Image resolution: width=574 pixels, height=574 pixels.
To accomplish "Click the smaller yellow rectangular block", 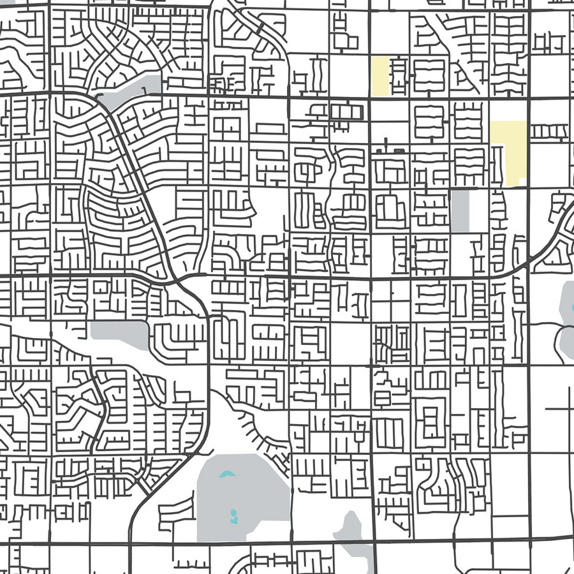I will coord(380,77).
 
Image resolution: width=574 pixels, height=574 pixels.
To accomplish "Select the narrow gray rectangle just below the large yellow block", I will coord(459,210).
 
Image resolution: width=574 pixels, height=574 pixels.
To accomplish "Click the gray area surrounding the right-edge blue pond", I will coord(566,300).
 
